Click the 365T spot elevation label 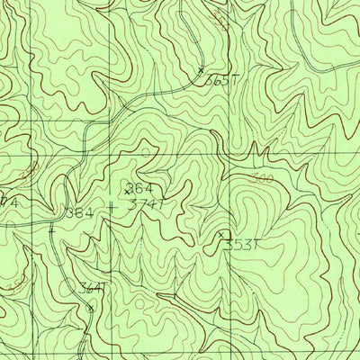tap(221, 81)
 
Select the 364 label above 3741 tap(141, 188)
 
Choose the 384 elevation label tap(79, 212)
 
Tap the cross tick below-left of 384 tap(52, 229)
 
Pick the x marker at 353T tap(221, 236)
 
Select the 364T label tap(90, 288)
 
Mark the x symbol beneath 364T tap(90, 305)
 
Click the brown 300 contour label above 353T tap(262, 177)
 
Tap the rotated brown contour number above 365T tap(220, 20)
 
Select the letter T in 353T tap(256, 244)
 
